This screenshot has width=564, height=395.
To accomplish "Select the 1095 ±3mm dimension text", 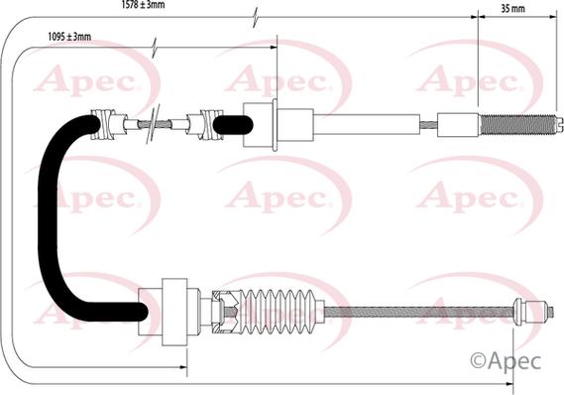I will pos(69,38).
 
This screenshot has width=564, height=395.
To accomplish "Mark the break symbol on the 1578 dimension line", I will pos(257,18).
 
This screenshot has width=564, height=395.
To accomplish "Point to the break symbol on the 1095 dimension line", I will pos(155,47).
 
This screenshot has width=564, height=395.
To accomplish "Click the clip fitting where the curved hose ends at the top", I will pos(106,124).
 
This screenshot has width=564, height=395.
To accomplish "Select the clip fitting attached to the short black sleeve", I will pos(208,124).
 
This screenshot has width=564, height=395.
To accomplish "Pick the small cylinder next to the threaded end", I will pos(457,125).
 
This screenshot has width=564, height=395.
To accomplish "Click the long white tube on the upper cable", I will pos(367,125).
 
